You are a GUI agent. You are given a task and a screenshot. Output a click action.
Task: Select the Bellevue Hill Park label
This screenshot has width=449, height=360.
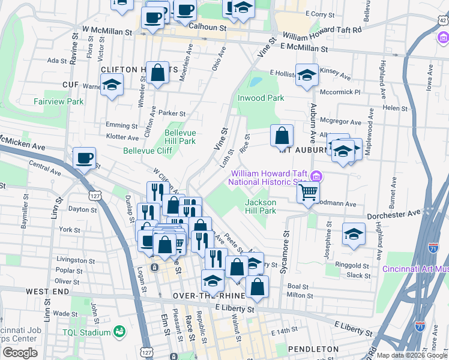(x=181, y=137)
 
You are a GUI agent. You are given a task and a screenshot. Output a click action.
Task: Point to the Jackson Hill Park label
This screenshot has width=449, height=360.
(x=260, y=206)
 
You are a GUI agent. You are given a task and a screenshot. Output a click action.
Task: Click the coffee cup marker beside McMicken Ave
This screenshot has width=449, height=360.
(x=84, y=158)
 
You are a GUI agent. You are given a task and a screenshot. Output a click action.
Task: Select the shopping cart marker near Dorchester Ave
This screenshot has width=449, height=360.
(x=308, y=193)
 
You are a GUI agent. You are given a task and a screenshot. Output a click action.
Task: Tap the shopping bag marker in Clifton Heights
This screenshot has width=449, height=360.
(x=157, y=73)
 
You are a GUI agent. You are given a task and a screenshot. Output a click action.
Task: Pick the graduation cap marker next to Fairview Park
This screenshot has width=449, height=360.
(x=112, y=85)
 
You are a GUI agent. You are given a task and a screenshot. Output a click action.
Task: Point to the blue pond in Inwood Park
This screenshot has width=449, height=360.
(x=256, y=81)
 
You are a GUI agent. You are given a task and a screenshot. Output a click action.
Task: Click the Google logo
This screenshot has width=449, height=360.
(x=20, y=353)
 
